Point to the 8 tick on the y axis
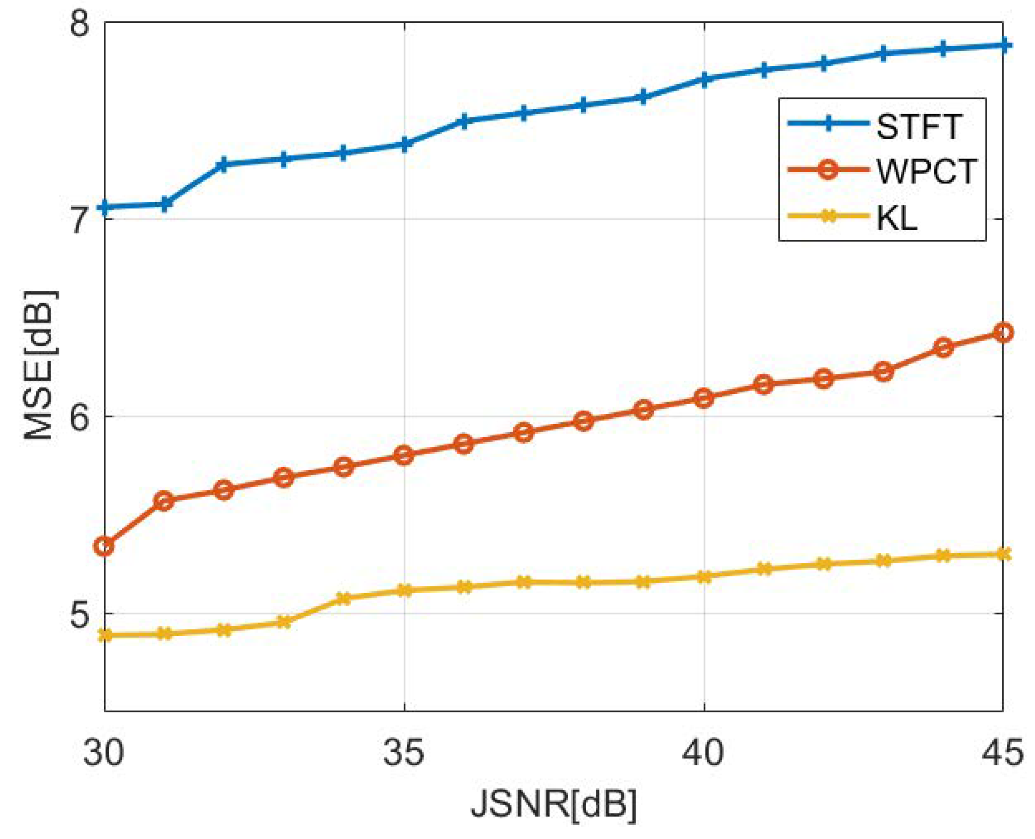[x=80, y=23]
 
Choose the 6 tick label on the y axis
[x=80, y=417]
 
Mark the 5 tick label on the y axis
[x=80, y=614]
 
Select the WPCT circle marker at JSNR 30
[x=104, y=547]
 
